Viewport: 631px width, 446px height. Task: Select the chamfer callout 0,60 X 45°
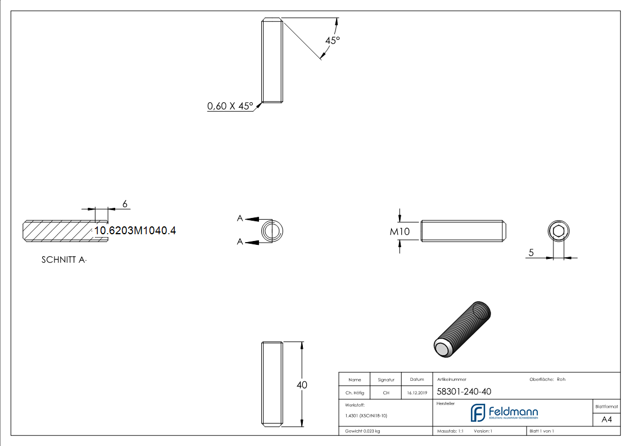230,106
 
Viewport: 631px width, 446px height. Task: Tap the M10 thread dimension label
400,231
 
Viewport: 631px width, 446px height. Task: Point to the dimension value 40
302,385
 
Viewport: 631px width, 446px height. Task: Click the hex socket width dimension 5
531,253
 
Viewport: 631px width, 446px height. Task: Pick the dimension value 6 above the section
125,203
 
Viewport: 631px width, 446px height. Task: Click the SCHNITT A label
64,260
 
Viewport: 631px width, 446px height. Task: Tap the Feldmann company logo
504,413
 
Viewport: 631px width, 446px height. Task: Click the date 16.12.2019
417,393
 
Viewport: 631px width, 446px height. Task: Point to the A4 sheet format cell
606,419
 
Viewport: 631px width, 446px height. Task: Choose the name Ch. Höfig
354,393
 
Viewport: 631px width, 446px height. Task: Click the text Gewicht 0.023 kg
362,431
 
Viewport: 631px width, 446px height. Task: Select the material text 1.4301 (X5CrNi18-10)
366,416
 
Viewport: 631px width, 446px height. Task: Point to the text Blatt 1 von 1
542,431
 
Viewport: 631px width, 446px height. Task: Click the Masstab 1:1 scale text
450,431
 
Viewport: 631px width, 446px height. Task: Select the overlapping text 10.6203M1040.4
135,230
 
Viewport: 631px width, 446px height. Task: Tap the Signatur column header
386,380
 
